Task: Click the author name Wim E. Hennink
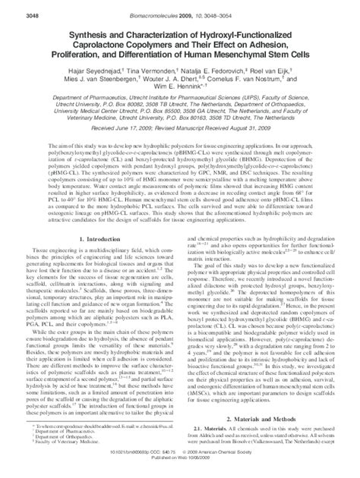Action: (179, 89)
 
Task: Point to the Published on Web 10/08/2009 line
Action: (180, 470)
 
